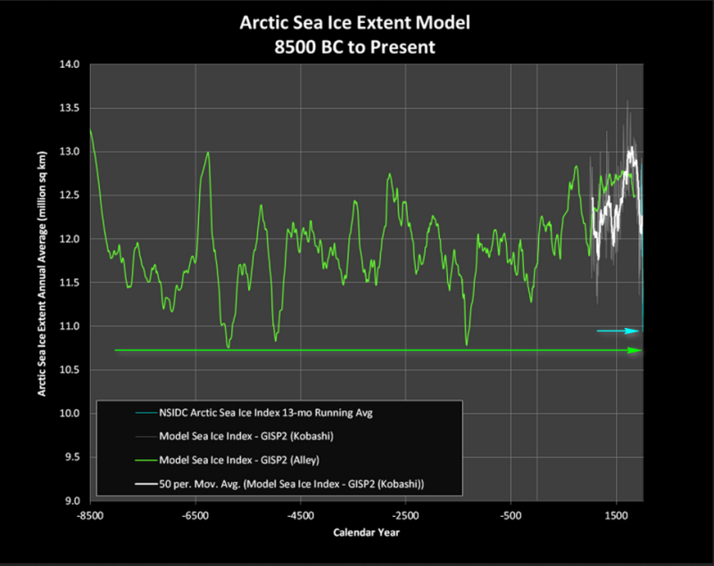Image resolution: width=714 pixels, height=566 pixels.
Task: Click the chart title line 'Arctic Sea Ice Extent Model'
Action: click(x=354, y=23)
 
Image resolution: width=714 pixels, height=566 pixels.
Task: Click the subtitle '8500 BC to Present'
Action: click(x=354, y=47)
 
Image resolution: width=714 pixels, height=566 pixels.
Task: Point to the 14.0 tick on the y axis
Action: click(x=70, y=64)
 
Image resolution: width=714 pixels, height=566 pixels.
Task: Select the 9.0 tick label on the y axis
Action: click(x=71, y=501)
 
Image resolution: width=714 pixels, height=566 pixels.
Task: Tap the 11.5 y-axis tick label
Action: click(x=70, y=283)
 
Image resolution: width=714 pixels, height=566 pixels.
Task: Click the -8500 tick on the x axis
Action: click(x=90, y=516)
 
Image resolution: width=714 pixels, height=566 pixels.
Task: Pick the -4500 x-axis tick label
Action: click(x=301, y=516)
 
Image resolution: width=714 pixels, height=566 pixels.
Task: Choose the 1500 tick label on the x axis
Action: click(x=616, y=516)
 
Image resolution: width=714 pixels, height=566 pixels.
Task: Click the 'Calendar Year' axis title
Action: click(x=366, y=532)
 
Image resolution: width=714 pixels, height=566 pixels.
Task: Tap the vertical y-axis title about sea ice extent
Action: click(x=42, y=274)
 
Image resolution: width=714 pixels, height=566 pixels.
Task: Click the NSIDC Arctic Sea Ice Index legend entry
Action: click(x=266, y=413)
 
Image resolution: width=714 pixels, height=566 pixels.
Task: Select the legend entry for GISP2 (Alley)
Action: click(x=239, y=460)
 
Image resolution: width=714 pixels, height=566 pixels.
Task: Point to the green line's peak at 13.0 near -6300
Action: click(x=208, y=152)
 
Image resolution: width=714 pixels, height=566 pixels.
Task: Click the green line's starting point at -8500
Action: click(x=91, y=130)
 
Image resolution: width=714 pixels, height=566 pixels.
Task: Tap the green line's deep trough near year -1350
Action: click(x=466, y=345)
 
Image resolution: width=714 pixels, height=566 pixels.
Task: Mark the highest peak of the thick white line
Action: click(x=632, y=147)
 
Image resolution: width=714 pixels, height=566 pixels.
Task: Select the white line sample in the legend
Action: click(x=145, y=484)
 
